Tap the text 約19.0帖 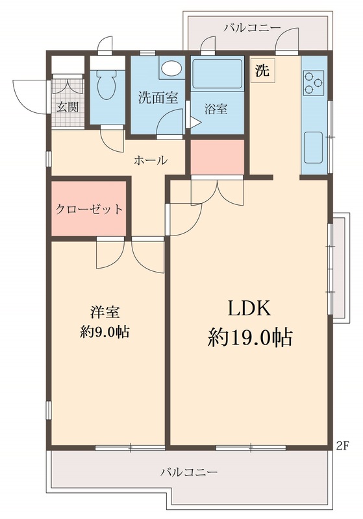250,337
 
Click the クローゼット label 89,209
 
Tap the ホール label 151,160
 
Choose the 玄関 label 66,107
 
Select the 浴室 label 216,108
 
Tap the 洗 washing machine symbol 262,71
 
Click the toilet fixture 106,82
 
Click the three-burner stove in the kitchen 314,83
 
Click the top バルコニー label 252,28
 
